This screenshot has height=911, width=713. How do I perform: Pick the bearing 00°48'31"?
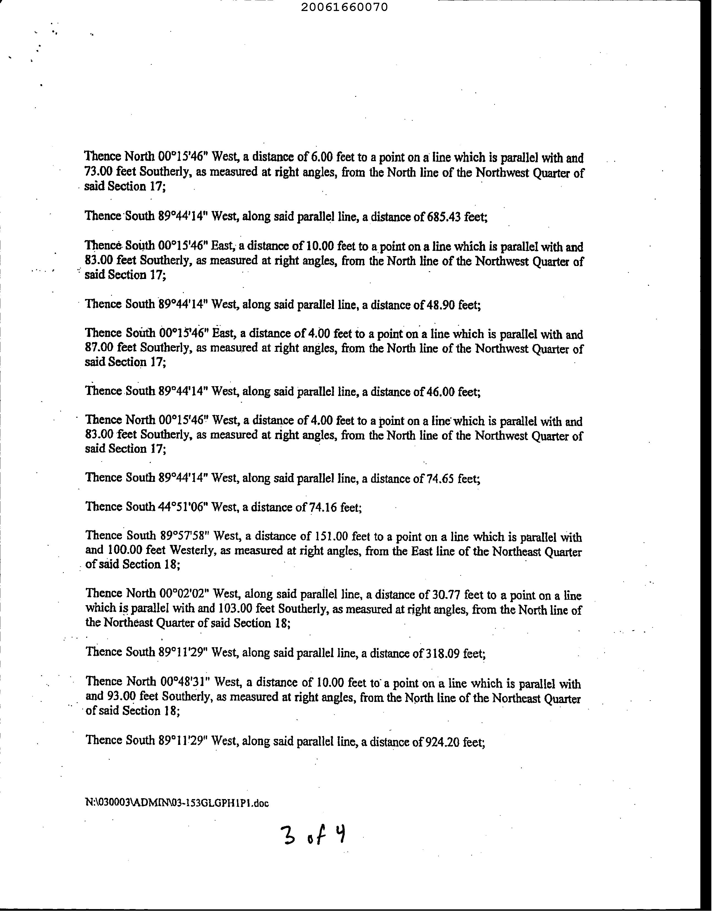(185, 682)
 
